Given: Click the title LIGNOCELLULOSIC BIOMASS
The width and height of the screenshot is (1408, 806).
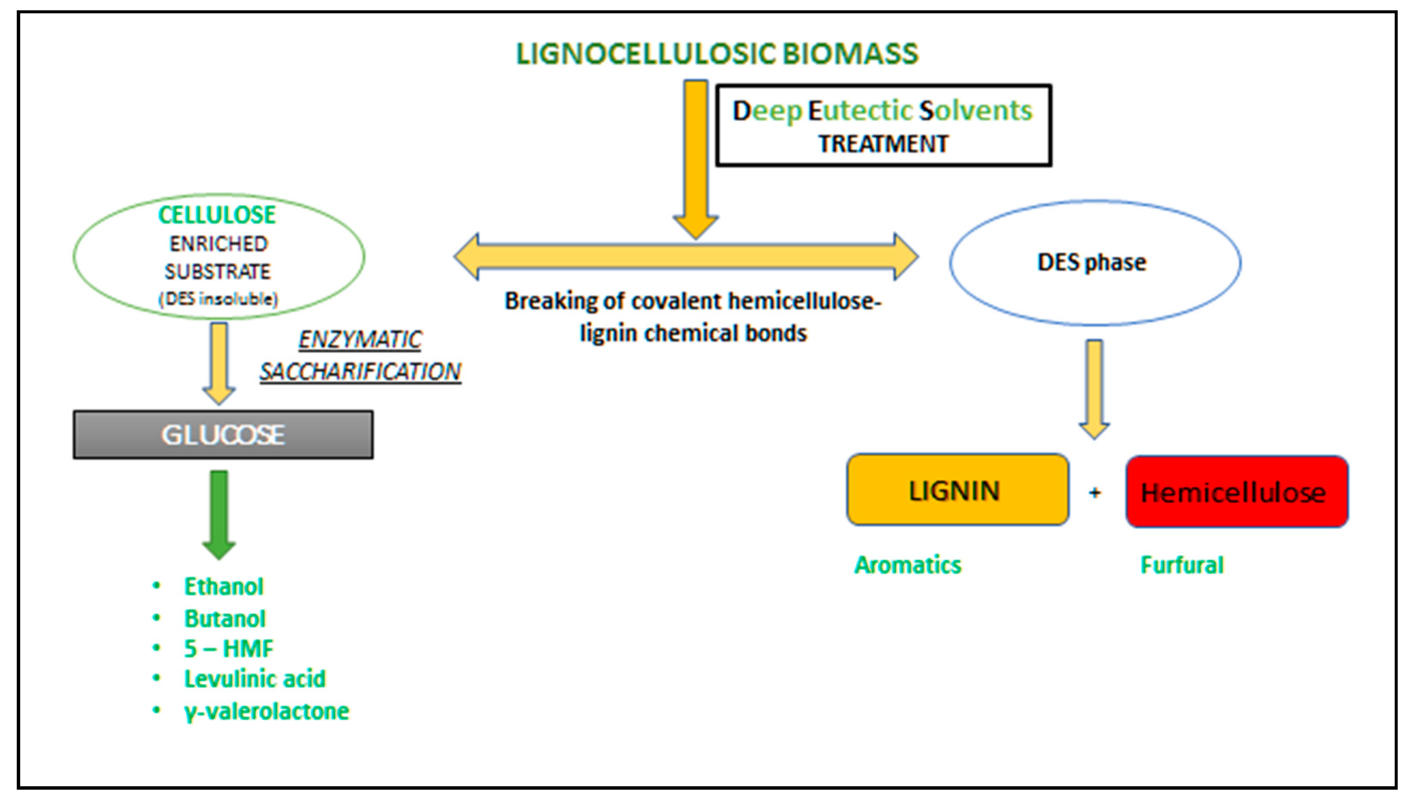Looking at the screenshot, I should pos(717,54).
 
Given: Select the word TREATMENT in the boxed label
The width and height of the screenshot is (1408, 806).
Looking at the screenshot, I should pos(883,144).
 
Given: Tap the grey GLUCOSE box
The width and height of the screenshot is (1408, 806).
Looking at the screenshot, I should pos(222,435).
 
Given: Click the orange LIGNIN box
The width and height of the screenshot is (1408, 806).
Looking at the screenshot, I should pos(957,490).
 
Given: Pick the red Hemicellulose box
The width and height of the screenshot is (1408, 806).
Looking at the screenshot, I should pos(1237,492).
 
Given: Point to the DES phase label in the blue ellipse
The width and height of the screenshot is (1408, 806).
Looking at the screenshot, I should pos(1091,262).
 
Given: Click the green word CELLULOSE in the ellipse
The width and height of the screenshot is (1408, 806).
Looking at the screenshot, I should pos(217,215).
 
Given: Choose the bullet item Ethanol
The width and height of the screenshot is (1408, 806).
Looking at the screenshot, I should pos(224,587).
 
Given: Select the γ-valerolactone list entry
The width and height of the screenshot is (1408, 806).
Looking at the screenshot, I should pos(266,712).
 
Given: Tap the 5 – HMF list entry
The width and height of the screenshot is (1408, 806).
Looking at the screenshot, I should pos(229,648).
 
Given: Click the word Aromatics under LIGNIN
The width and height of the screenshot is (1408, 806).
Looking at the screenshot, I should pos(908,565).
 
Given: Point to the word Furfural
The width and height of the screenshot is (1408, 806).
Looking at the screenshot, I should pos(1182,565).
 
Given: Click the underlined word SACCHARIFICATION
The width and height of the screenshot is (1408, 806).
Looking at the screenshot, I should pos(360,371).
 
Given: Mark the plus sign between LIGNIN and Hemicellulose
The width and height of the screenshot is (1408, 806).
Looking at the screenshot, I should pos(1094,493).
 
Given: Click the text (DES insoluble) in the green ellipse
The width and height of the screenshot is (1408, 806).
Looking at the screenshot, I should pos(219,299).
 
